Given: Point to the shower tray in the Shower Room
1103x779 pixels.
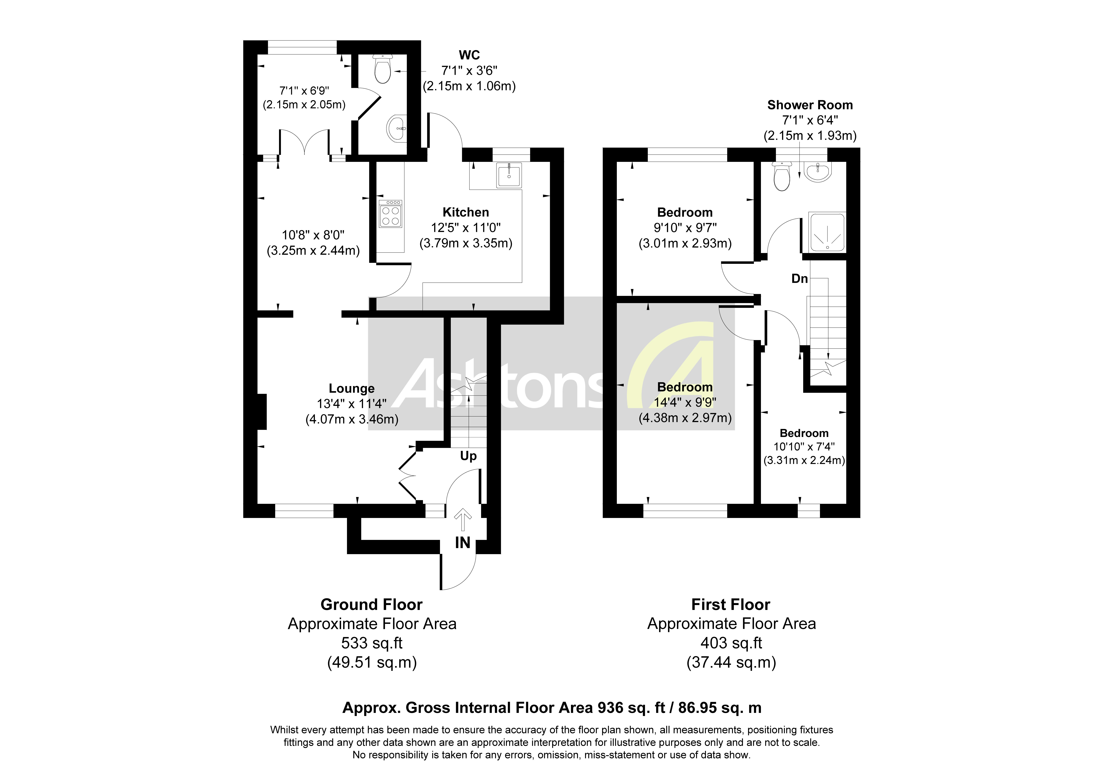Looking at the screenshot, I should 827,232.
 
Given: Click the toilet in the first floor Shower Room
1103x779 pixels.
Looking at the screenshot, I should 782,176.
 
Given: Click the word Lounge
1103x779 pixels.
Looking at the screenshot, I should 352,388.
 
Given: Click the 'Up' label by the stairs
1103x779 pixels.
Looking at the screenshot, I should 468,455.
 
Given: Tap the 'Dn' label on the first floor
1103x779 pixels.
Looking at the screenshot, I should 799,279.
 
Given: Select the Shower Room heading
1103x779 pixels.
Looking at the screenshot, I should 810,105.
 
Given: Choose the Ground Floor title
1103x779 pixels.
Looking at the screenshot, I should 371,604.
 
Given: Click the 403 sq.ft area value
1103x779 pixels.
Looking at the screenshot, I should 731,643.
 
